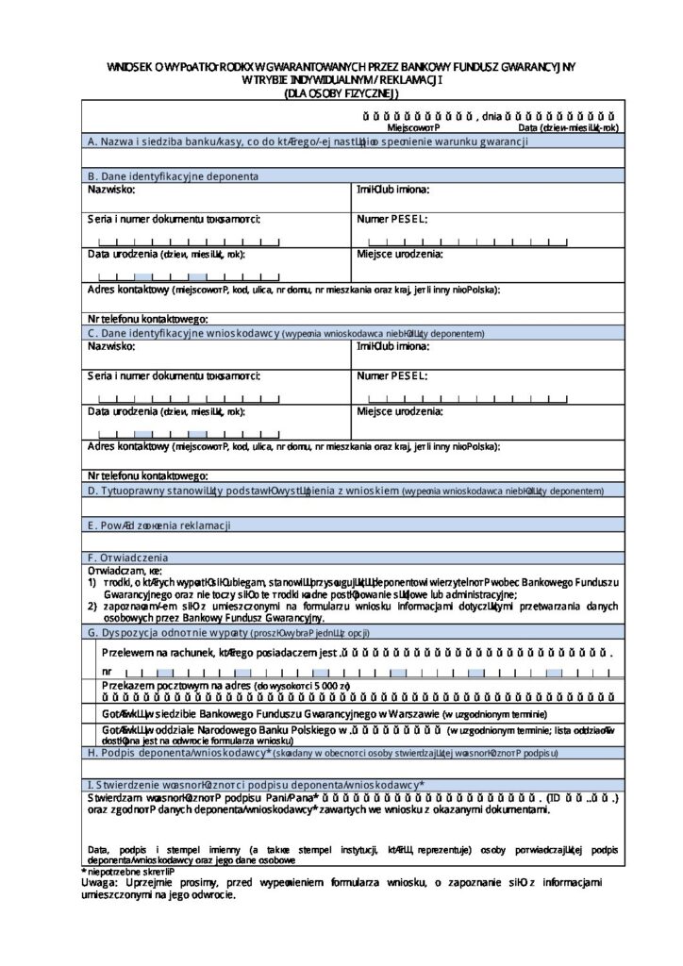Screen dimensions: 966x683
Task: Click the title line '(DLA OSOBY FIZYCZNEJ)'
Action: click(341, 93)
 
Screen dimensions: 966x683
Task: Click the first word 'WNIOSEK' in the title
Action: click(129, 67)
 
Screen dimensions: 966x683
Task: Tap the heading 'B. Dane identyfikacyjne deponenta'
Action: click(173, 175)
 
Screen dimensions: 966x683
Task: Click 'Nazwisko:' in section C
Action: click(111, 346)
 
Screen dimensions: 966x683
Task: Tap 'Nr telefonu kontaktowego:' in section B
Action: click(148, 320)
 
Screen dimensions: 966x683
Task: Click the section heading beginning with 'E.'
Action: click(158, 525)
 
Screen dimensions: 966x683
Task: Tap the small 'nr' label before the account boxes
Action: click(106, 671)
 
